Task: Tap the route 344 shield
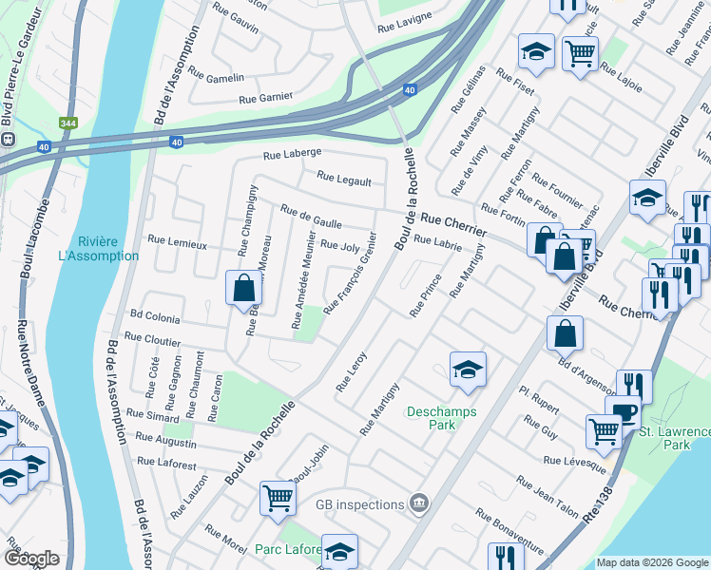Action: [67, 123]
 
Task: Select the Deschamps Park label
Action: [442, 418]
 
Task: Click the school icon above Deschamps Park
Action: [468, 369]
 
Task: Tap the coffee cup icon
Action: [623, 412]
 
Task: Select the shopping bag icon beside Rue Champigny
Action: [243, 287]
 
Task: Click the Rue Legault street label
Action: [343, 177]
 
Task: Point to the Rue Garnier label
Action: [265, 97]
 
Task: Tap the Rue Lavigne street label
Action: [405, 16]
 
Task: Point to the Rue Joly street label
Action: [339, 245]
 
